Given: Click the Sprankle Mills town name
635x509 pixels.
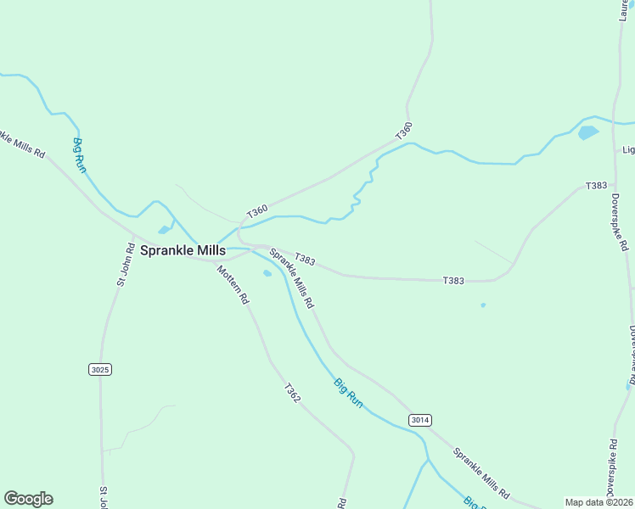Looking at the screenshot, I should tap(183, 250).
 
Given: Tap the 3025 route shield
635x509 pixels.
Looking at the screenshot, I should tap(99, 369).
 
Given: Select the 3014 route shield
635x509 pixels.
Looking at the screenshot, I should tap(419, 420).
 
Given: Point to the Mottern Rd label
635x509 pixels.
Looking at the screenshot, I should tap(233, 285).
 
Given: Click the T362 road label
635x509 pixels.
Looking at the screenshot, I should tap(291, 393).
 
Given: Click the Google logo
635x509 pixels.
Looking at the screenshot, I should tap(28, 499).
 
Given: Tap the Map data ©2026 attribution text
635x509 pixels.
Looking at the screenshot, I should tap(599, 502).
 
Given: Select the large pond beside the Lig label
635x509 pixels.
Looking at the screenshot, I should tap(587, 132).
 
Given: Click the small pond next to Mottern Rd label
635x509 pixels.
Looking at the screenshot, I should tap(267, 273).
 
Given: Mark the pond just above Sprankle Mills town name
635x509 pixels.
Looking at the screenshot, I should tap(163, 229).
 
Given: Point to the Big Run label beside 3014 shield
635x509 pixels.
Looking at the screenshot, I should tap(348, 394).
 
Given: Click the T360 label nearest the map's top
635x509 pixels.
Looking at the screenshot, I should tap(404, 131).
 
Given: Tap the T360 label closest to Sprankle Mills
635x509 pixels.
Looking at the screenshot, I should tap(257, 211).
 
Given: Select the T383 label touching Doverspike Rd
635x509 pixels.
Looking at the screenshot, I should tap(596, 186).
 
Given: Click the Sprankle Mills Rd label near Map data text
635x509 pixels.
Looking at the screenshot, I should tap(480, 473).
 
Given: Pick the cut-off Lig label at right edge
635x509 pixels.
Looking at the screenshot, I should tap(628, 150).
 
